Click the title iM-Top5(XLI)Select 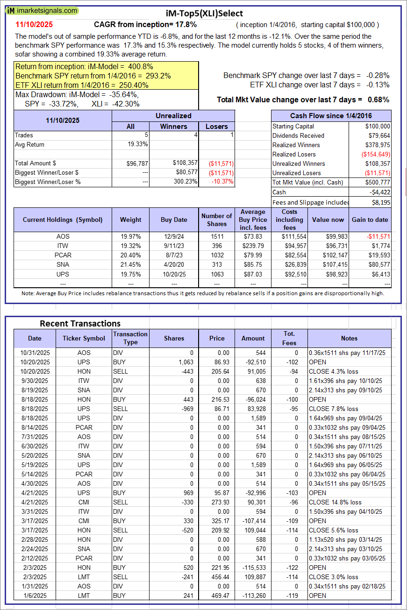pyautogui.click(x=204, y=14)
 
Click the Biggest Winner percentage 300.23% pyautogui.click(x=184, y=182)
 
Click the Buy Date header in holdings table pyautogui.click(x=174, y=220)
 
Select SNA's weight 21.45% pyautogui.click(x=130, y=264)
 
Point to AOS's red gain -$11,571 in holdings pyautogui.click(x=377, y=236)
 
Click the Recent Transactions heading pyautogui.click(x=80, y=323)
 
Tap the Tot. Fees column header pyautogui.click(x=289, y=338)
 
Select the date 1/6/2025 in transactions pyautogui.click(x=35, y=596)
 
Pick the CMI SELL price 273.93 pyautogui.click(x=217, y=502)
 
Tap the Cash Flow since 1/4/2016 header pyautogui.click(x=331, y=116)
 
